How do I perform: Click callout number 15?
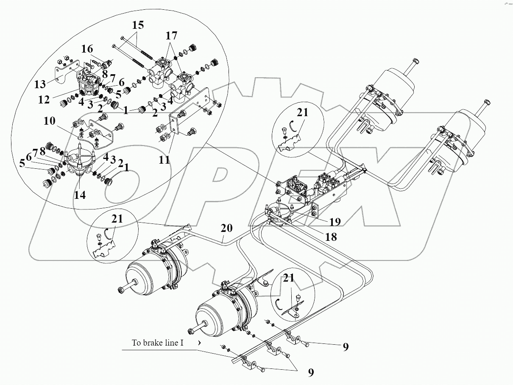137,25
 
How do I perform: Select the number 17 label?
171,36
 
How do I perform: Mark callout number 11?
164,160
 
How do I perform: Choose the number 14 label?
80,195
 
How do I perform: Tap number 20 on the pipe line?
227,228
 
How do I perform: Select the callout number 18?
331,237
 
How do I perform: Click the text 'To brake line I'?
158,343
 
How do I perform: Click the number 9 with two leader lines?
311,372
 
